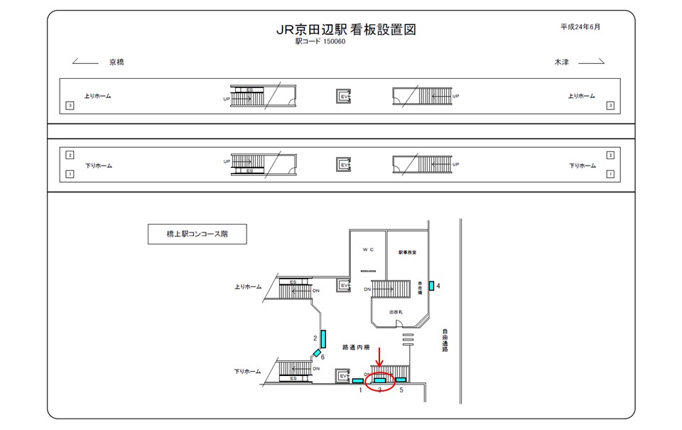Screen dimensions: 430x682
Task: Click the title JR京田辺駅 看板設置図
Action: click(x=345, y=30)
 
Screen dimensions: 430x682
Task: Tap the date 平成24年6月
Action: click(x=580, y=27)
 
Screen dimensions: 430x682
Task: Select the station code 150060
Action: click(x=334, y=42)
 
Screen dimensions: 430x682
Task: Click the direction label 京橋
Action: click(x=117, y=63)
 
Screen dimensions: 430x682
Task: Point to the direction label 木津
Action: click(x=561, y=63)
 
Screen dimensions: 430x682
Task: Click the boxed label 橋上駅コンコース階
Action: click(x=197, y=234)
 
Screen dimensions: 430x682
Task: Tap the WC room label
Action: click(x=367, y=250)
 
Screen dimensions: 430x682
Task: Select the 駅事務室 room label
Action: click(x=407, y=252)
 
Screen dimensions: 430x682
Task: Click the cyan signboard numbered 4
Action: click(x=431, y=286)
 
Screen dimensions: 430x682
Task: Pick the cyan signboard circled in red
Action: click(x=380, y=380)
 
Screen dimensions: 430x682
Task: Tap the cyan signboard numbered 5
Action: click(x=401, y=380)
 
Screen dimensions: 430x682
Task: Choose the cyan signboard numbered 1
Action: click(x=358, y=381)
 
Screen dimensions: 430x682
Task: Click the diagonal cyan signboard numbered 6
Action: click(x=317, y=353)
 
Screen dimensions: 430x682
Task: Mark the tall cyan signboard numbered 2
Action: click(x=323, y=339)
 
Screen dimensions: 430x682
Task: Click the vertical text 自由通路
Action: click(x=445, y=340)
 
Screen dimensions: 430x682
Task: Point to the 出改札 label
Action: click(x=396, y=312)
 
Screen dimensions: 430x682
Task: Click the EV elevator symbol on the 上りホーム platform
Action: click(x=344, y=96)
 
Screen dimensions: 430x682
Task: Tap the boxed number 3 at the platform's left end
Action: click(x=70, y=106)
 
